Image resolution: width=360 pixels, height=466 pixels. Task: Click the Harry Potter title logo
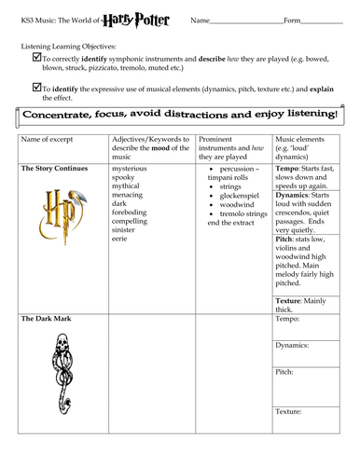[x=149, y=18]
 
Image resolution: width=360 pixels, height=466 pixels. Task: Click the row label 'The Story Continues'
[x=54, y=168]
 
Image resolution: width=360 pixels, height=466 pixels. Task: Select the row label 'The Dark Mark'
[x=46, y=319]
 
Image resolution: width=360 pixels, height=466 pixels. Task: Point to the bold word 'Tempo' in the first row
[x=289, y=169]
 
